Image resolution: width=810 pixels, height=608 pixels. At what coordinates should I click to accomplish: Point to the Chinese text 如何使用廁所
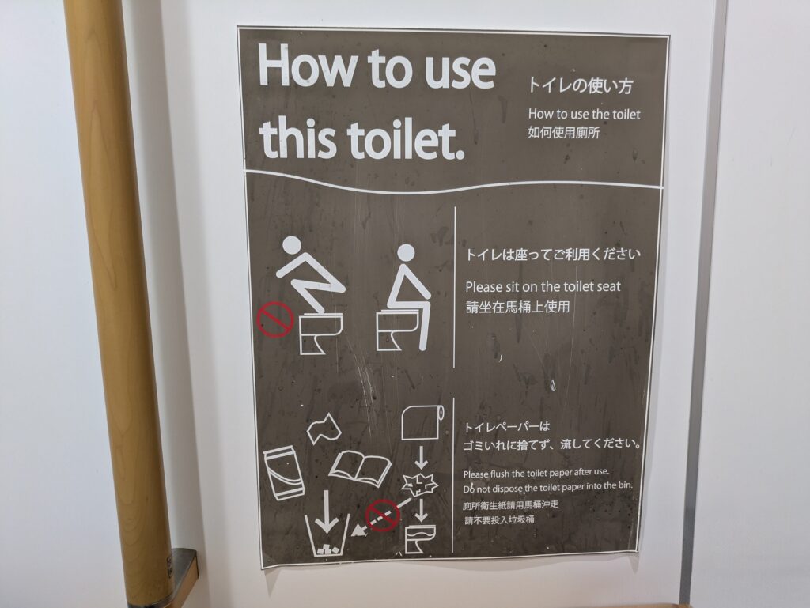(563, 133)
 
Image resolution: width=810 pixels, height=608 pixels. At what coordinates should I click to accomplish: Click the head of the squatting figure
(291, 246)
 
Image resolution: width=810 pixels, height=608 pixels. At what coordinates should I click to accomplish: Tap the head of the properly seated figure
(405, 253)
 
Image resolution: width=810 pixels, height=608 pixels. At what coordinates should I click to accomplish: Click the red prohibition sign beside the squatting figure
(274, 320)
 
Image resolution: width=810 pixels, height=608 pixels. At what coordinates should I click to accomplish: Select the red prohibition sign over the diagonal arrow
(383, 515)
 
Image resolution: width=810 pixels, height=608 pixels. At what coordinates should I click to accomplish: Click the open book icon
(360, 468)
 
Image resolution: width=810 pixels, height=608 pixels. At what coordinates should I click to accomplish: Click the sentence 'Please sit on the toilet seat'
(543, 286)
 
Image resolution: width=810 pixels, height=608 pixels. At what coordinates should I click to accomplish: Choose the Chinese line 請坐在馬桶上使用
(517, 307)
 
